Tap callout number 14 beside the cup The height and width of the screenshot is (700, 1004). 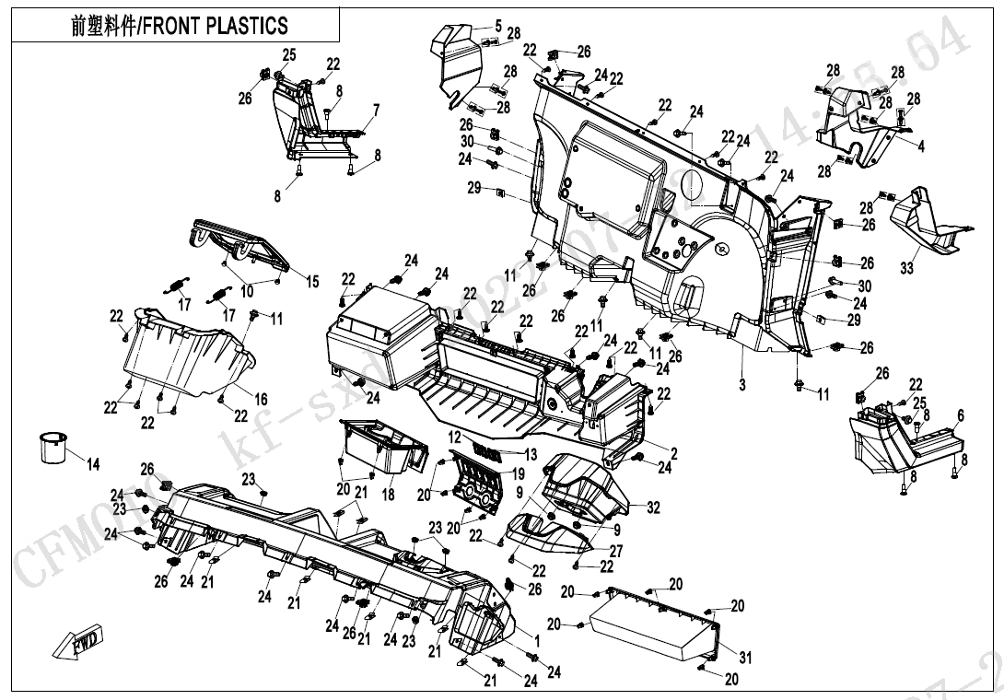pyautogui.click(x=92, y=463)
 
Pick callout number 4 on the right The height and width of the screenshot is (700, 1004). pyautogui.click(x=920, y=146)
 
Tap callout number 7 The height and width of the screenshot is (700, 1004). pyautogui.click(x=375, y=111)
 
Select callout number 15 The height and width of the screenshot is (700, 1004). pyautogui.click(x=312, y=281)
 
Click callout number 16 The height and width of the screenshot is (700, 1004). pyautogui.click(x=261, y=399)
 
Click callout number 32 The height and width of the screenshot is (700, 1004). pyautogui.click(x=653, y=507)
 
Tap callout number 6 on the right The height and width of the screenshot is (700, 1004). pyautogui.click(x=961, y=416)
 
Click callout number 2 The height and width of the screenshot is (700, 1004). pyautogui.click(x=673, y=452)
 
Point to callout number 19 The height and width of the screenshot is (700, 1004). pyautogui.click(x=518, y=473)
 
